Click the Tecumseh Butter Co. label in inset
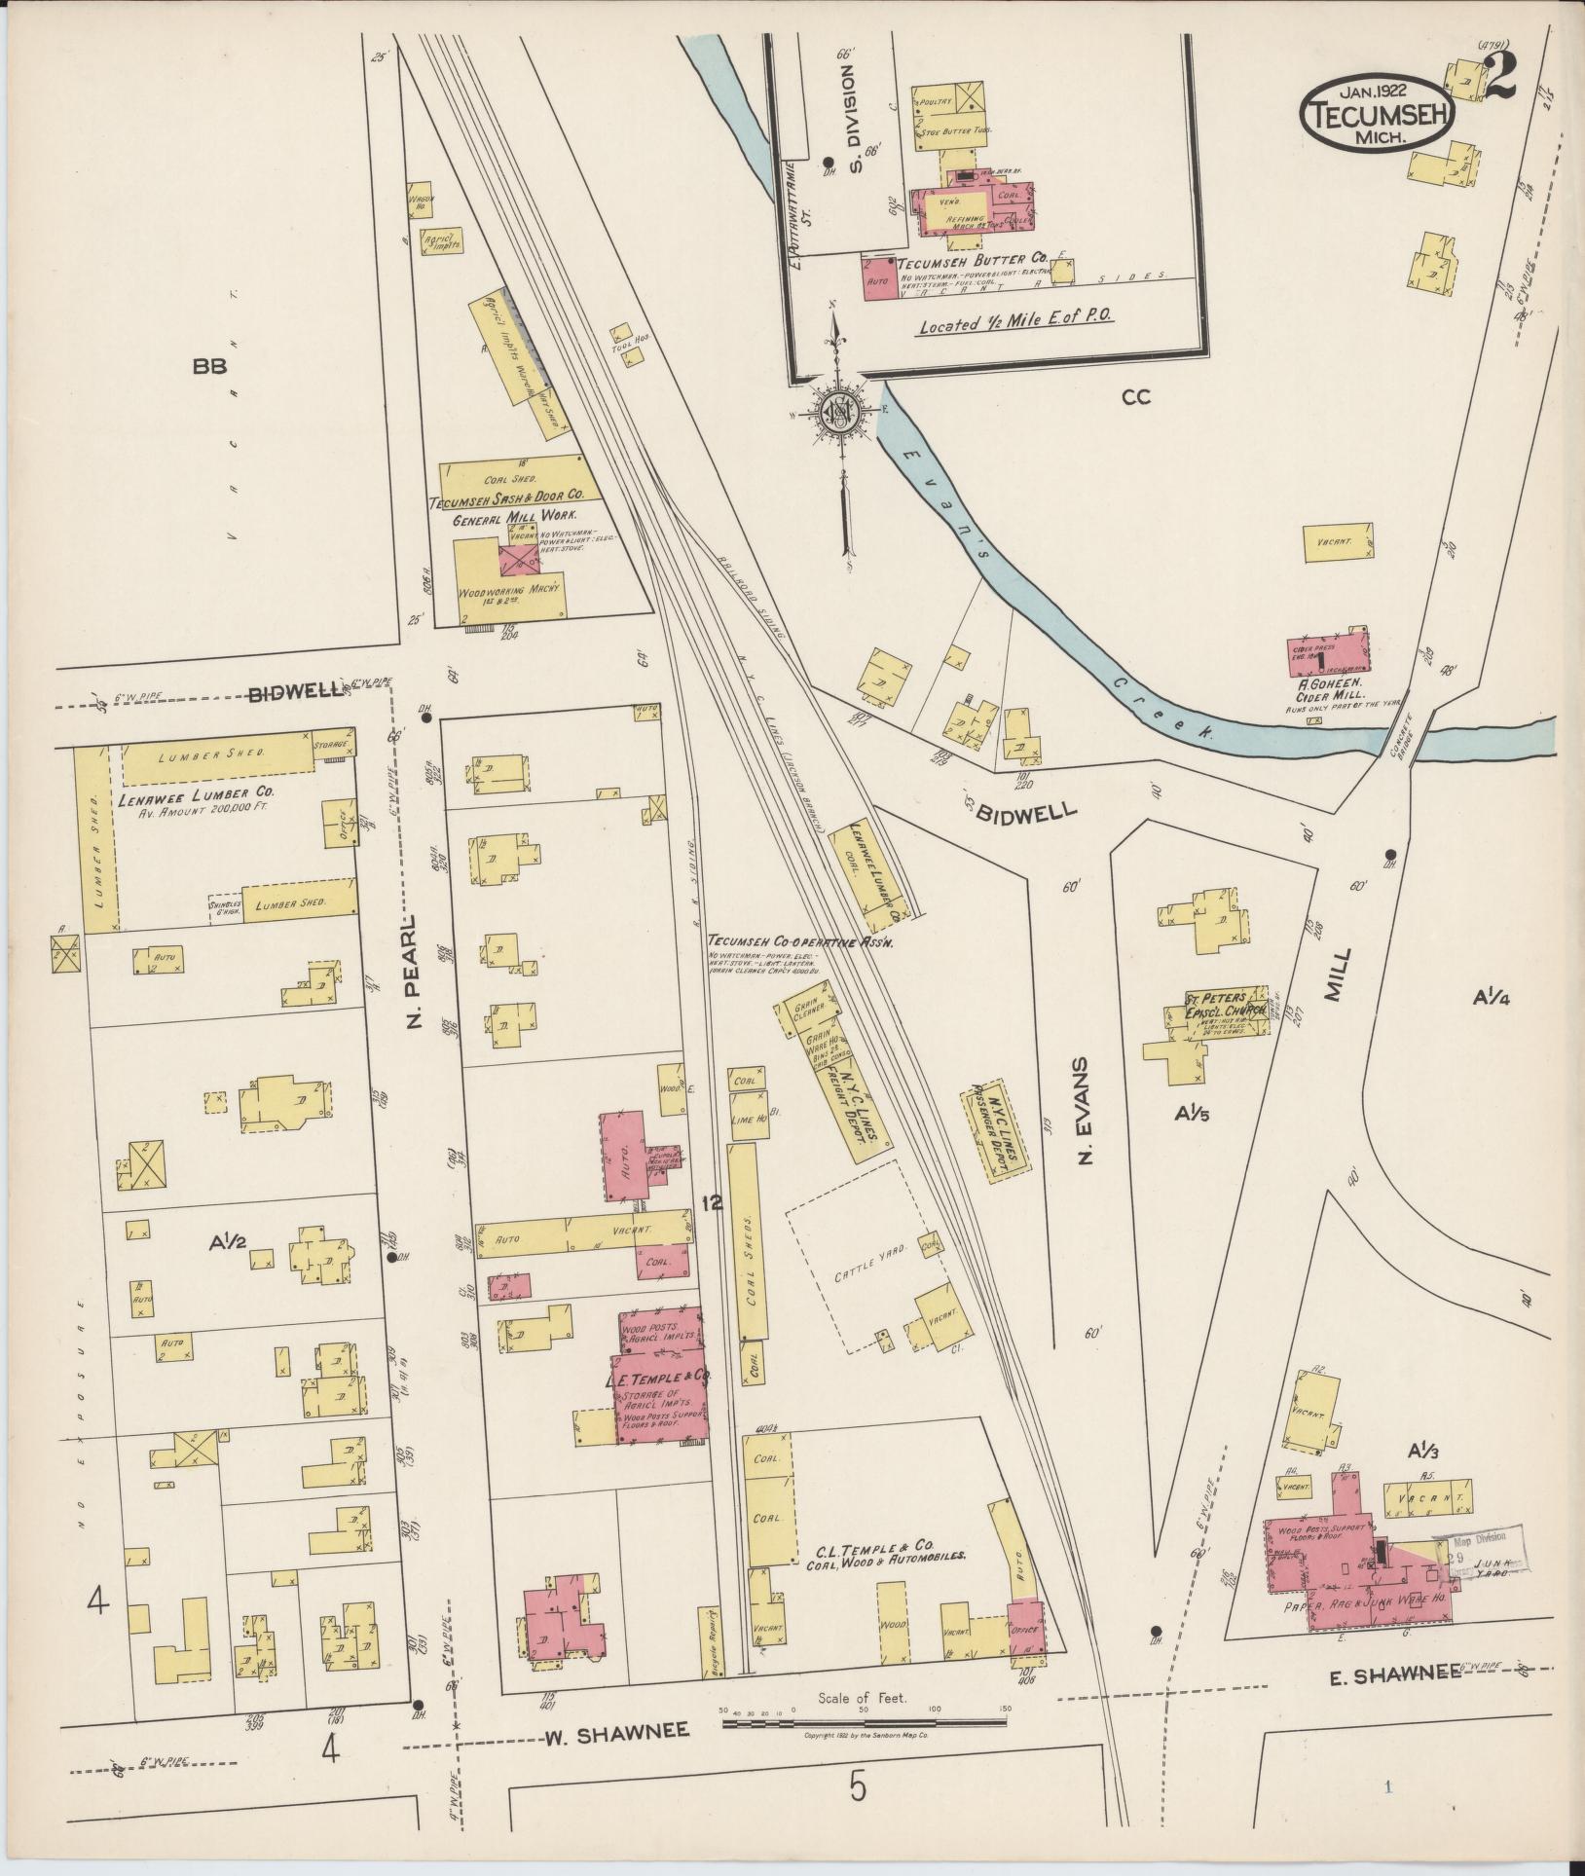pos(971,263)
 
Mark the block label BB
pos(209,367)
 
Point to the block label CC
pos(1135,396)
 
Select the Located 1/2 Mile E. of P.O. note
pos(1016,323)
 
